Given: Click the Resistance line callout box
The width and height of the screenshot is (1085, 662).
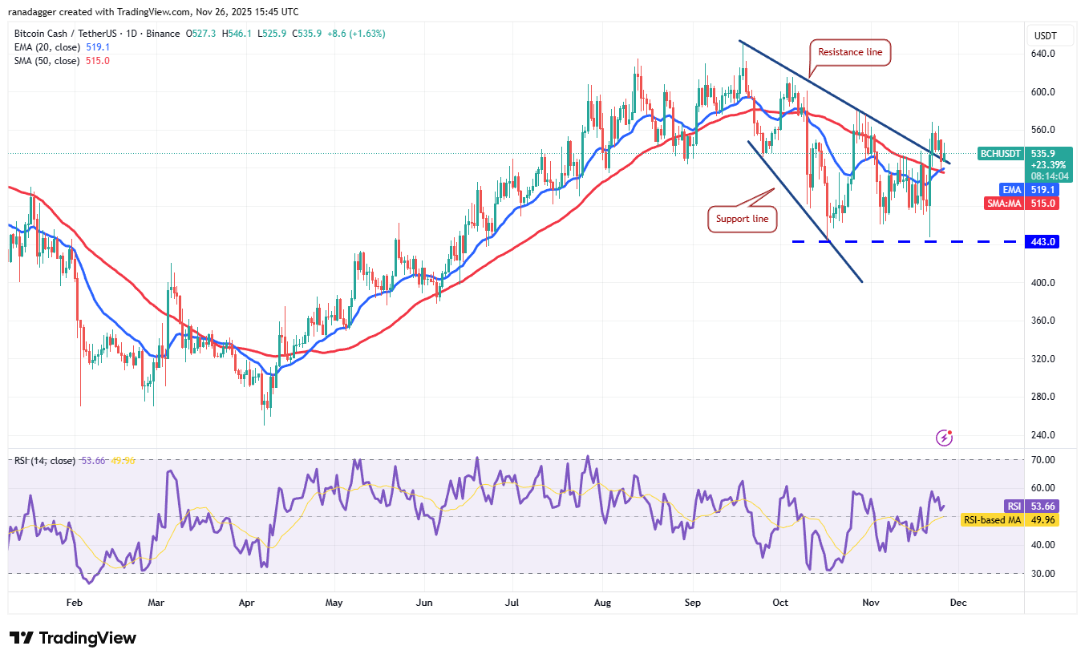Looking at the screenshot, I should tap(850, 52).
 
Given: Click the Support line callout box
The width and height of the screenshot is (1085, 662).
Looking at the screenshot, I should tap(743, 219).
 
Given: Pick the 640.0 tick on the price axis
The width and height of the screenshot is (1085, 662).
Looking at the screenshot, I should tap(1042, 54).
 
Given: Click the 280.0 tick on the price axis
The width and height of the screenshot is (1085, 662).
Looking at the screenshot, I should tap(1042, 397).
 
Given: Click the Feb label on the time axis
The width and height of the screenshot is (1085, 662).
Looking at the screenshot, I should tap(75, 602).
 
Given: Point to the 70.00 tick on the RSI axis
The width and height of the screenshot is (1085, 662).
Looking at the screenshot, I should tap(1044, 460).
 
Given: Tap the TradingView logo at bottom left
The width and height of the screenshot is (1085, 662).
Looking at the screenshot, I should tap(73, 638).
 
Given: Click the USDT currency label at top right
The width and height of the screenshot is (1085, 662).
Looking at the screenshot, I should tap(1044, 35).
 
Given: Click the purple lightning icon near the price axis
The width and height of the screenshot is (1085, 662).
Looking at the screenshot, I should tap(945, 438).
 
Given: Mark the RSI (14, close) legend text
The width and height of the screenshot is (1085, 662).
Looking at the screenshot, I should tap(45, 461).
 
